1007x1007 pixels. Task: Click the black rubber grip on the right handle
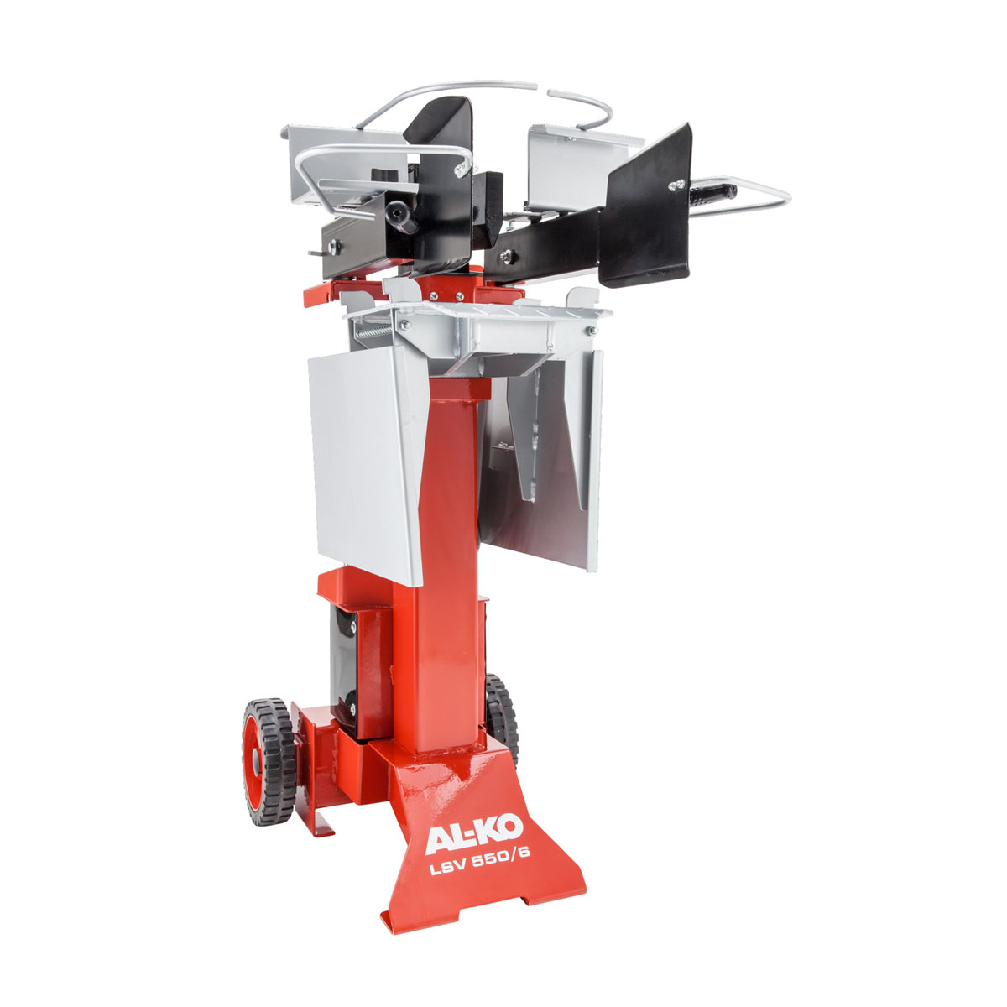tap(712, 196)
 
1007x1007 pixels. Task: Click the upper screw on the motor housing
tap(343, 620)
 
